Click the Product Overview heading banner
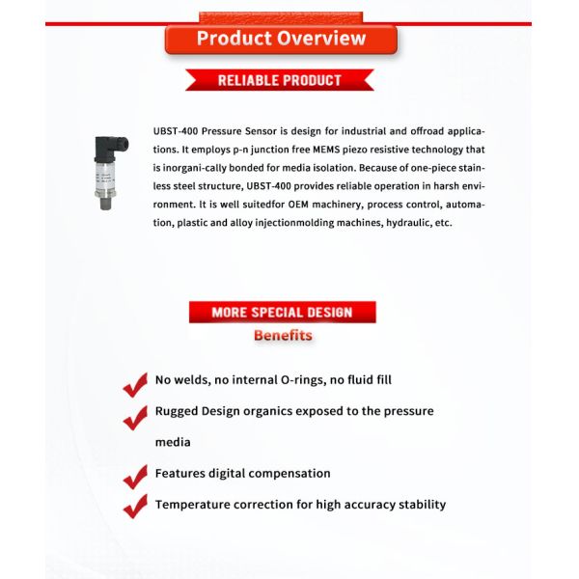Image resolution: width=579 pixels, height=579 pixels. pyautogui.click(x=281, y=39)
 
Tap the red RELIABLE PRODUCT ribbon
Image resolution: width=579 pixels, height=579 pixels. pyautogui.click(x=280, y=80)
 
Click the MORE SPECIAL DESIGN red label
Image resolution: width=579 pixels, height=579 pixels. pyautogui.click(x=281, y=312)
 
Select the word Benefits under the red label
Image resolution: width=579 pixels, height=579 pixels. pyautogui.click(x=283, y=336)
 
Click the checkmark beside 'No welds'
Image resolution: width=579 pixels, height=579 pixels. pyautogui.click(x=134, y=384)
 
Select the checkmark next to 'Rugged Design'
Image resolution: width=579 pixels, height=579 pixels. pyautogui.click(x=134, y=418)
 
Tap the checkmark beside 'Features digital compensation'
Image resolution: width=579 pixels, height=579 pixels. pyautogui.click(x=134, y=477)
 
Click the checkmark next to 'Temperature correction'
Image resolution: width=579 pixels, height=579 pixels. pyautogui.click(x=134, y=508)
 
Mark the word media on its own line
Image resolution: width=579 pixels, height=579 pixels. pyautogui.click(x=173, y=443)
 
